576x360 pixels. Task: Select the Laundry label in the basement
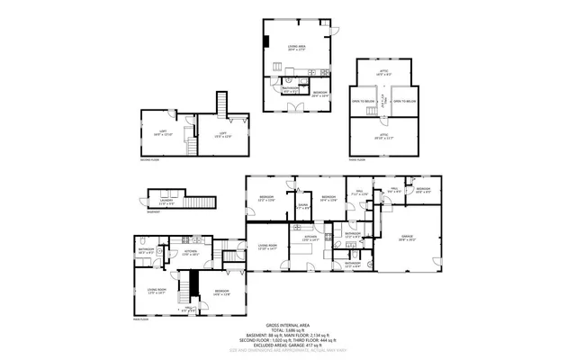click(167, 203)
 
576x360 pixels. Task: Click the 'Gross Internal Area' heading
click(288, 325)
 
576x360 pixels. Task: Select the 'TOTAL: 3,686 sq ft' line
click(288, 330)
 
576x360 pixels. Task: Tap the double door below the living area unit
click(293, 106)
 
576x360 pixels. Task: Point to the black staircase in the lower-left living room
click(186, 291)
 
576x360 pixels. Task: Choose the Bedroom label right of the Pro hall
click(423, 189)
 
